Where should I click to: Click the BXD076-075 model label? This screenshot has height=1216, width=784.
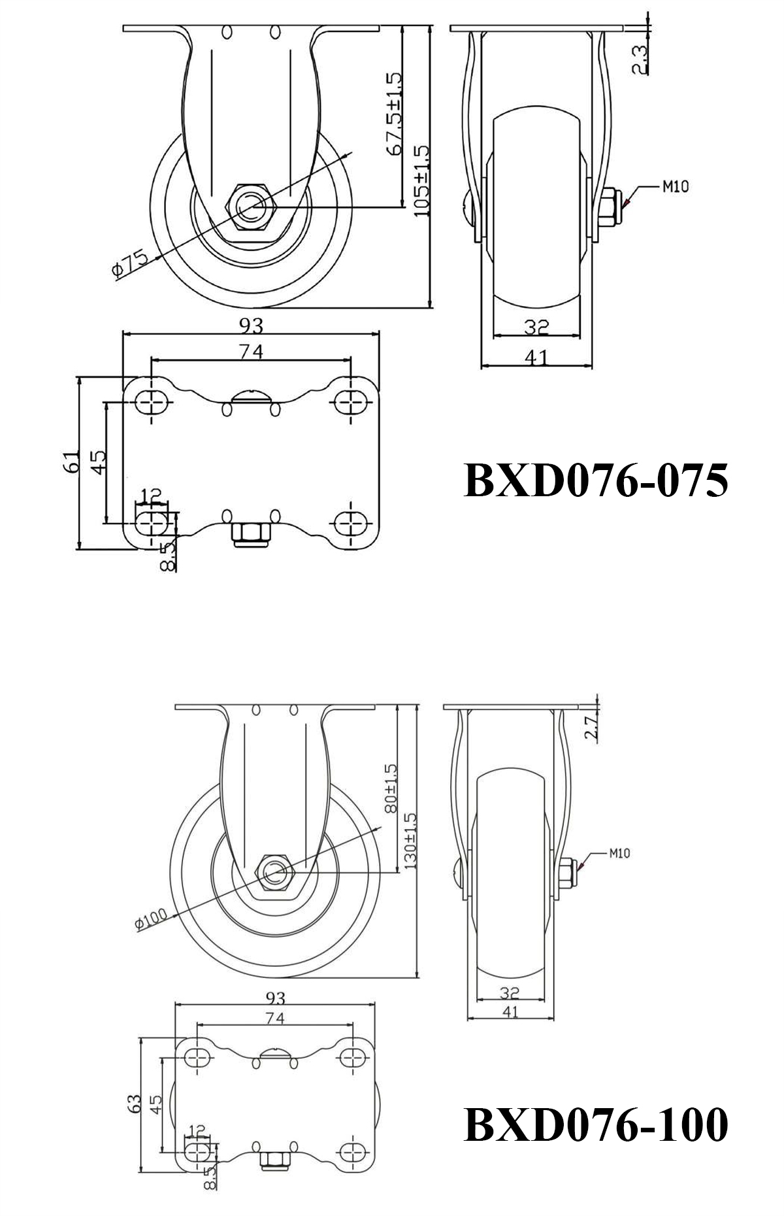tap(595, 481)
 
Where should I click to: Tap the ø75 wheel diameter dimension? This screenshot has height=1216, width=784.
tap(130, 262)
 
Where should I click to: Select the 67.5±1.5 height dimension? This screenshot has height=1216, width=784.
tap(394, 114)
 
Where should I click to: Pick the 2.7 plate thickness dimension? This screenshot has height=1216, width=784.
tap(591, 727)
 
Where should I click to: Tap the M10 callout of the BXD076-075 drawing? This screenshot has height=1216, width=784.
tap(675, 187)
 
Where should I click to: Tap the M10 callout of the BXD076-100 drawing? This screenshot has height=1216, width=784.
tap(619, 853)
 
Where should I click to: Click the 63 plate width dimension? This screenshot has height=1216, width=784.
tap(135, 1104)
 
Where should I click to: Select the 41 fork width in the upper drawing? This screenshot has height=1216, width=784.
tap(536, 357)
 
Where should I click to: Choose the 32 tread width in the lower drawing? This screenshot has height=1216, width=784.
tap(510, 992)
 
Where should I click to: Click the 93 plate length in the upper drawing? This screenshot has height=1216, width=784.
tap(252, 324)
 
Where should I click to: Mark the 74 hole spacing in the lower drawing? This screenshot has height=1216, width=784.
tap(275, 1018)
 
